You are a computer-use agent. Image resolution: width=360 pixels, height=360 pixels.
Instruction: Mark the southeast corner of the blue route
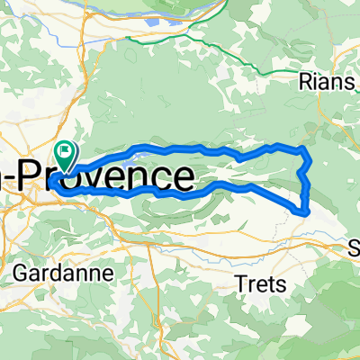307,212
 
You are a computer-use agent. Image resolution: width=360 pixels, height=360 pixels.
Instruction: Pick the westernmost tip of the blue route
51,181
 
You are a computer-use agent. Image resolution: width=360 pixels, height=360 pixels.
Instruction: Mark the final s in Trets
283,284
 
